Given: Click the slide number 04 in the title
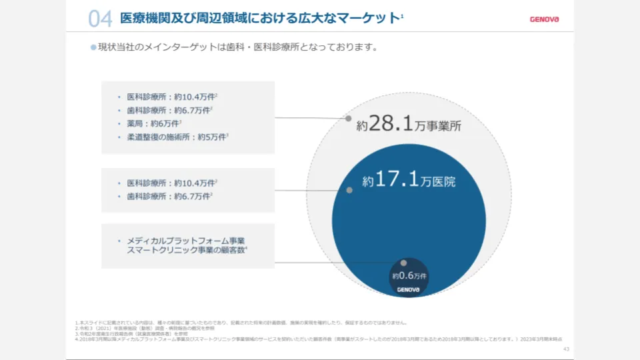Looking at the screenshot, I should coord(99,19).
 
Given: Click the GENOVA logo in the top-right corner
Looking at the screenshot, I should coord(544,19).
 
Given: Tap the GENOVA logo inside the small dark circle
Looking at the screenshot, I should coord(408,289).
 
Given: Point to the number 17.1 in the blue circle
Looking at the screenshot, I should coord(398,180).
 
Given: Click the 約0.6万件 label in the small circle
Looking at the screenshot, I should coord(409,275).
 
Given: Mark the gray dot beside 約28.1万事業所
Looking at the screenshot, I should coord(348,119).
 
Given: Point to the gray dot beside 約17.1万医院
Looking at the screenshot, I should coord(349,190).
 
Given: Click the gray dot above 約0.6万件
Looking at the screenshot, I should coord(403,263).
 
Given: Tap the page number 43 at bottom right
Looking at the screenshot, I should coord(566,349).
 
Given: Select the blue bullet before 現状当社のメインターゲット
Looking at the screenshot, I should coord(93,47).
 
